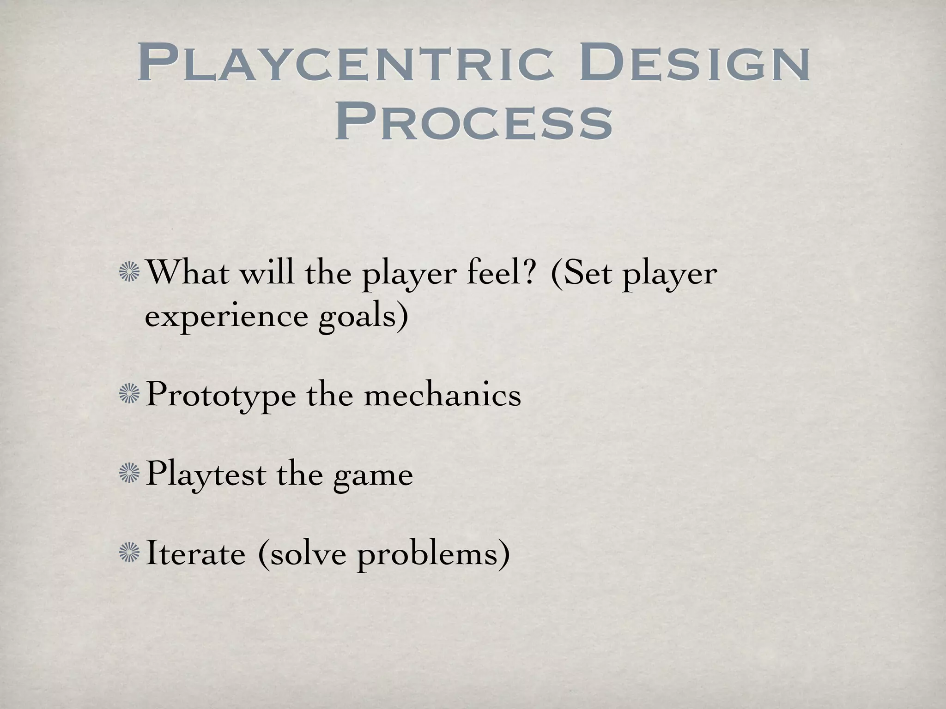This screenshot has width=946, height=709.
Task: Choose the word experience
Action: (226, 318)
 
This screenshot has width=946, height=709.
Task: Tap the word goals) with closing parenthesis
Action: (363, 318)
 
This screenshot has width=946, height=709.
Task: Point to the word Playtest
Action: (206, 475)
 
